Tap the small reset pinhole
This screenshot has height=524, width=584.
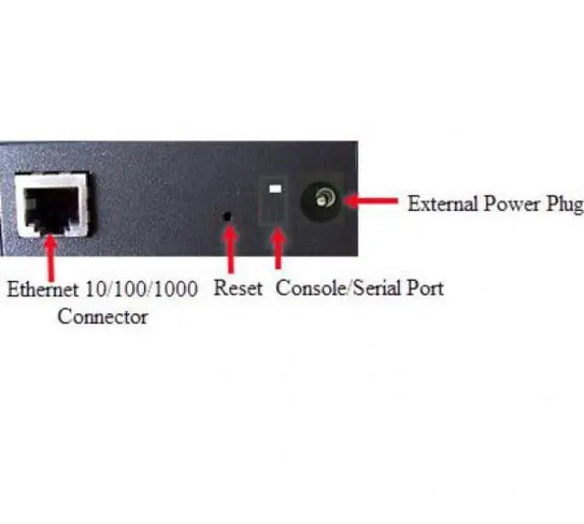coord(228,217)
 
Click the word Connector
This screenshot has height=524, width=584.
coord(102,317)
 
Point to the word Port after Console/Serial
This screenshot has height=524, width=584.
coord(425,288)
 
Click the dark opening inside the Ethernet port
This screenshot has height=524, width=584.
coord(53,208)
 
